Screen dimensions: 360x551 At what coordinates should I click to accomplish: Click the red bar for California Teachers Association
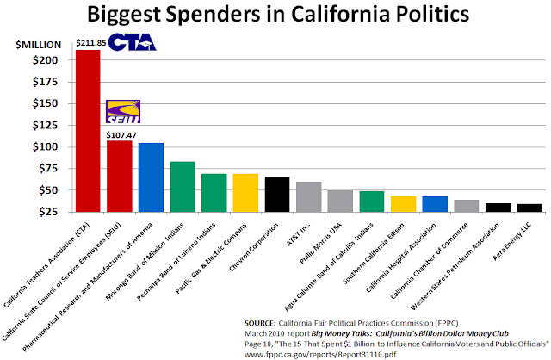pos(88,130)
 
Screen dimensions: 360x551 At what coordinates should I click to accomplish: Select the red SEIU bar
pos(119,176)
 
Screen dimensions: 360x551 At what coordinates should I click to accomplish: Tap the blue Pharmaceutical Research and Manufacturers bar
pos(151,177)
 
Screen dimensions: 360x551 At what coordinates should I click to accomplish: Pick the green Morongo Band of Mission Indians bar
pos(183,186)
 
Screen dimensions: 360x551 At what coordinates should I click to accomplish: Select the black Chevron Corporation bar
pos(276,194)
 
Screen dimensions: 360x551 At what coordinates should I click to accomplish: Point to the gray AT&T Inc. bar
pos(308,196)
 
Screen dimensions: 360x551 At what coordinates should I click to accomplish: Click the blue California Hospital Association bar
pos(434,203)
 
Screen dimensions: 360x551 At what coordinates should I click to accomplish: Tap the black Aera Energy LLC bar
pos(528,207)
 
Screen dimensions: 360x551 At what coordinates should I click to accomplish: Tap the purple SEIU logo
pos(122,111)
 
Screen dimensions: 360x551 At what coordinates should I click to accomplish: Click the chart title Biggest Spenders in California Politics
pos(275,16)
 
